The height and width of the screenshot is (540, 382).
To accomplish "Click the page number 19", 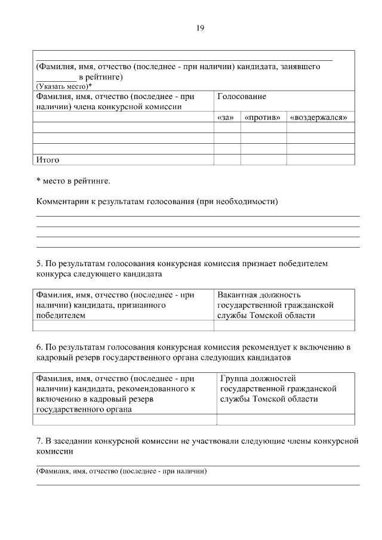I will coord(200,27).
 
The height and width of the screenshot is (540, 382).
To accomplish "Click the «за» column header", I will coord(227,118).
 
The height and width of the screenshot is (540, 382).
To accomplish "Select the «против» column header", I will coord(263,118).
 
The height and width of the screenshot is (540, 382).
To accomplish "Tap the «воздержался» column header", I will coord(319,118).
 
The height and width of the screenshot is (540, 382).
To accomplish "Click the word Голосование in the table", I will coord(242,96).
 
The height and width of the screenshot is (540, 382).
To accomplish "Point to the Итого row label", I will coord(48,159).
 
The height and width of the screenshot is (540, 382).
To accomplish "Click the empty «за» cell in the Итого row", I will coord(227,159).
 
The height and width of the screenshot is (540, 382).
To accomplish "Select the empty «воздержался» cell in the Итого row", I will coord(320,159).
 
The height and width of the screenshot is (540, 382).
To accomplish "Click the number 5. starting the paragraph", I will coord(39,263).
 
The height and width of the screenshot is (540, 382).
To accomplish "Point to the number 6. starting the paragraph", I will coord(39,347).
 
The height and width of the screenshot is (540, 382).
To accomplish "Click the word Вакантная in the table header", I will coord(237,295).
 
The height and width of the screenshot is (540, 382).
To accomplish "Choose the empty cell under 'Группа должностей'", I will coord(285,419).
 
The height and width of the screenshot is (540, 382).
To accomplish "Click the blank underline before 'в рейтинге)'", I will coord(56,77).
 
